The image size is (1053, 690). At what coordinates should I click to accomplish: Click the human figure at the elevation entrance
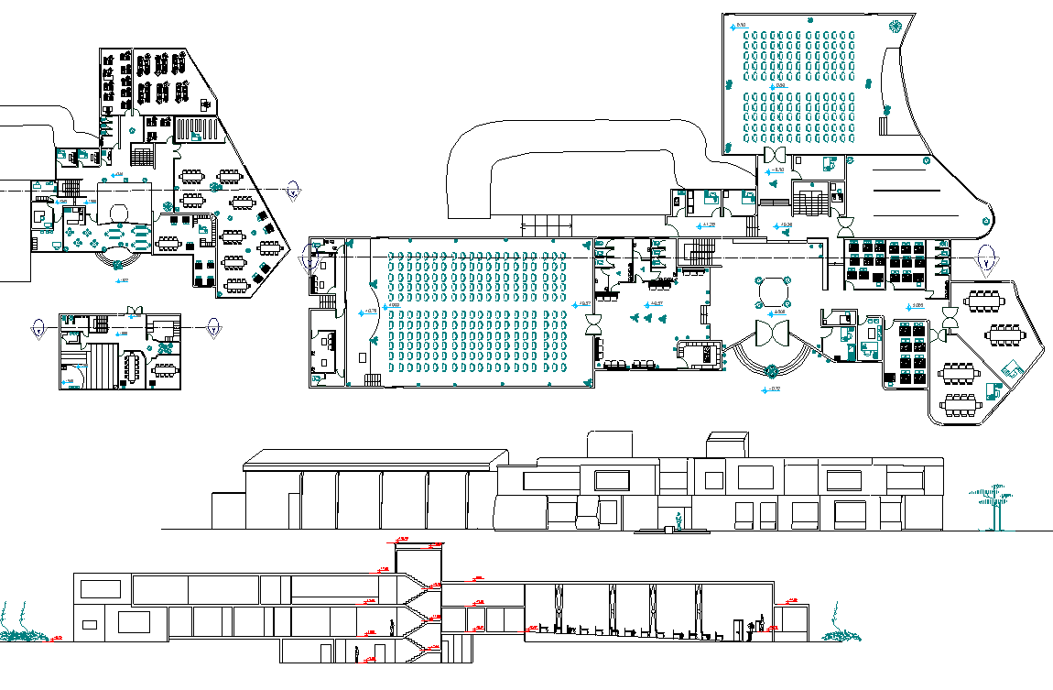click(x=678, y=520)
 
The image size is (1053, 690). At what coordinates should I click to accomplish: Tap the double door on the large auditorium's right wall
click(x=593, y=323)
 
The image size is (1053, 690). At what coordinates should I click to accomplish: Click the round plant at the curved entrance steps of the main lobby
click(x=771, y=371)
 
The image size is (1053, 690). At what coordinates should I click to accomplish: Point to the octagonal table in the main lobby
click(x=773, y=290)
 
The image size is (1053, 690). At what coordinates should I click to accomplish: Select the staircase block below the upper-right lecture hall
click(x=808, y=198)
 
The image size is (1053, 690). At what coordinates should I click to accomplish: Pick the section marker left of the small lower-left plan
click(x=38, y=326)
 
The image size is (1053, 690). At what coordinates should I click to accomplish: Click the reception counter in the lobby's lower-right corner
click(x=699, y=353)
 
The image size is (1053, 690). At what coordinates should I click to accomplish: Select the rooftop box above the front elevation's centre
click(x=607, y=443)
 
